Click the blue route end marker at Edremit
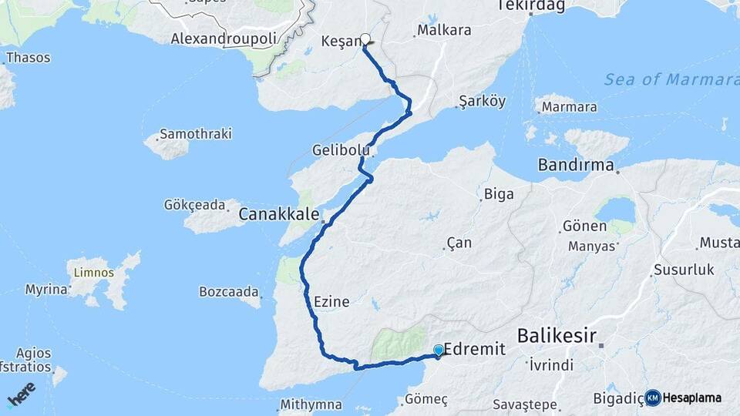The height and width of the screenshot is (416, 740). pyautogui.click(x=439, y=351)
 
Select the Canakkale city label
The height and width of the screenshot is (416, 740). pyautogui.click(x=278, y=214)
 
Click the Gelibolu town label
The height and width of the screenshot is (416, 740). pyautogui.click(x=337, y=149)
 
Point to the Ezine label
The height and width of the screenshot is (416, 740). pyautogui.click(x=331, y=302)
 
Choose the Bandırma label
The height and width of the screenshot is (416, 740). pyautogui.click(x=576, y=165)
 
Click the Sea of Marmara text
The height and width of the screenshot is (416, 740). pyautogui.click(x=671, y=80)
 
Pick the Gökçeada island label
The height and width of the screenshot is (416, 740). pyautogui.click(x=195, y=205)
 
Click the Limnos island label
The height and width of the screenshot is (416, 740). pyautogui.click(x=94, y=273)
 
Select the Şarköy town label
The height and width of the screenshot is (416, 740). pyautogui.click(x=482, y=101)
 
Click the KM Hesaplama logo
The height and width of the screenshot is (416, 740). pyautogui.click(x=684, y=398)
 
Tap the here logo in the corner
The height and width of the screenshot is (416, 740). pyautogui.click(x=22, y=394)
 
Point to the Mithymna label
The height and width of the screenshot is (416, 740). pyautogui.click(x=311, y=404)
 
